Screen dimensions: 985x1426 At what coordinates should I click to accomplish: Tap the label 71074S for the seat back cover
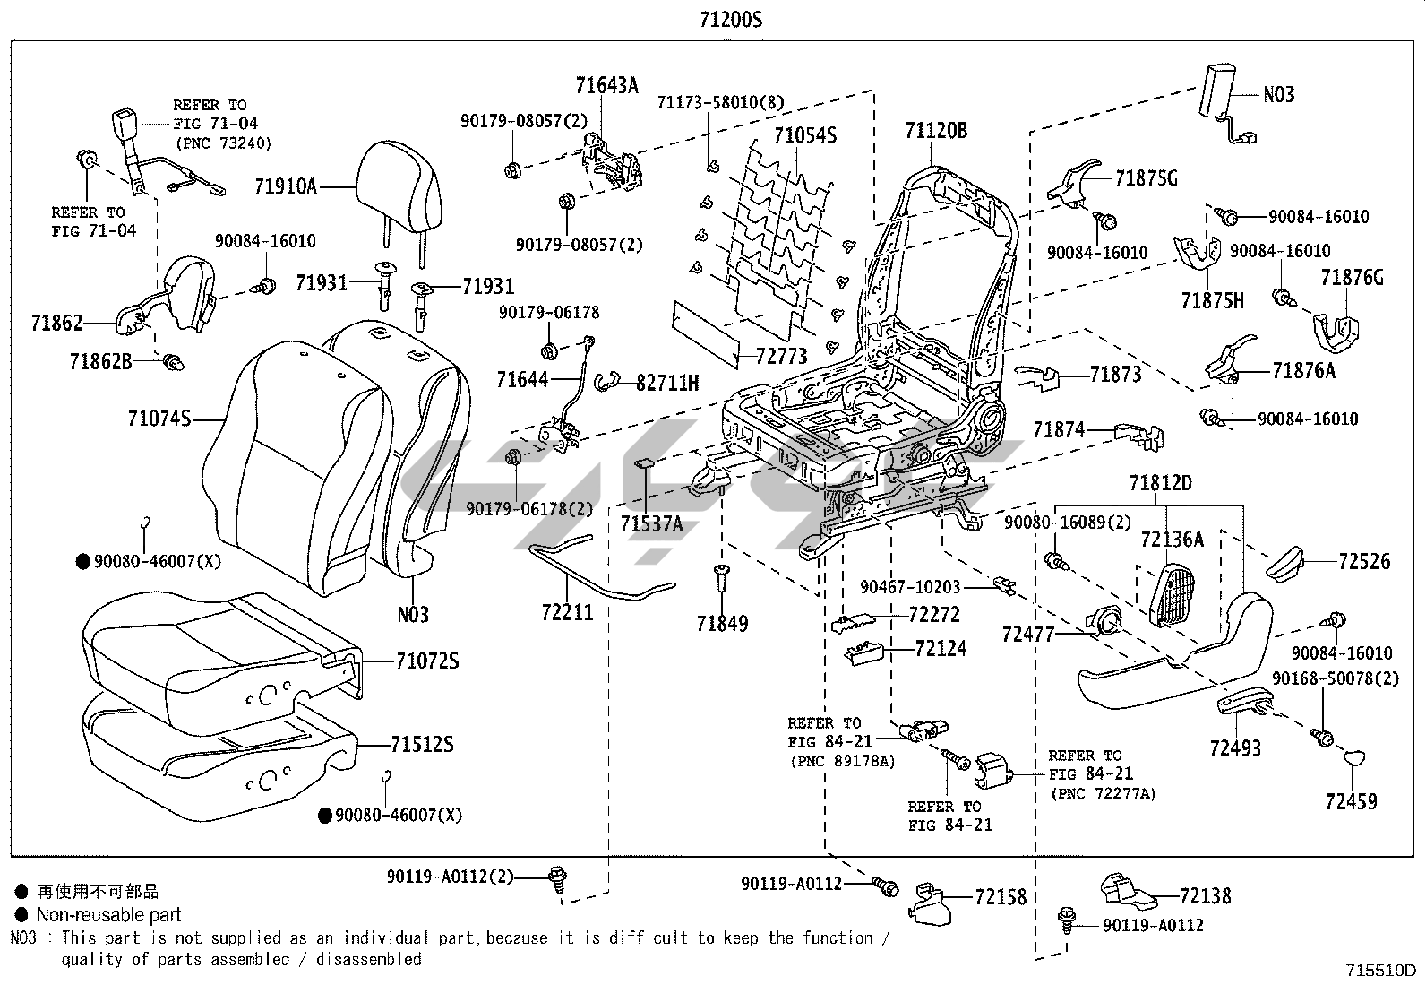pyautogui.click(x=159, y=418)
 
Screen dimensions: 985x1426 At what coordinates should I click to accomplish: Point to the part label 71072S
pyautogui.click(x=426, y=661)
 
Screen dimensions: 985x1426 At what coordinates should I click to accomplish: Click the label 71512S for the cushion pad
pyautogui.click(x=422, y=744)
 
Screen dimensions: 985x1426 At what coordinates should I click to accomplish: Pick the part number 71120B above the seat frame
pyautogui.click(x=935, y=131)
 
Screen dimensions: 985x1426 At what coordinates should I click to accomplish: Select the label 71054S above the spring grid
pyautogui.click(x=804, y=135)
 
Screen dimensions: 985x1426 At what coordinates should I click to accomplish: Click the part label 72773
pyautogui.click(x=781, y=357)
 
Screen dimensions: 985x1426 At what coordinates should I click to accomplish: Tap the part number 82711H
pyautogui.click(x=667, y=383)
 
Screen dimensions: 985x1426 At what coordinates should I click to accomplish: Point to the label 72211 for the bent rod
pyautogui.click(x=567, y=612)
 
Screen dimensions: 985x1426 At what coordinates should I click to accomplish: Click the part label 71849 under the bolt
pyautogui.click(x=722, y=623)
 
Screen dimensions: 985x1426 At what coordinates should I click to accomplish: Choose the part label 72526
pyautogui.click(x=1364, y=562)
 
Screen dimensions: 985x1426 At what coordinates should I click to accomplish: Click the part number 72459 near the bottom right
pyautogui.click(x=1352, y=801)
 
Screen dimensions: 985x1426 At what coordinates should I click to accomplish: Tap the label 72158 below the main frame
pyautogui.click(x=1001, y=896)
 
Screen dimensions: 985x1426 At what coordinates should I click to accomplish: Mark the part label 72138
pyautogui.click(x=1205, y=895)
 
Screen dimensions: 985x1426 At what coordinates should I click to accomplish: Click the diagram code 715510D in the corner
pyautogui.click(x=1380, y=971)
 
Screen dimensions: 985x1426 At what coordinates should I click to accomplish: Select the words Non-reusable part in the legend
pyautogui.click(x=108, y=915)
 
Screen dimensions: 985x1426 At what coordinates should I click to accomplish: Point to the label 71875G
pyautogui.click(x=1146, y=178)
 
